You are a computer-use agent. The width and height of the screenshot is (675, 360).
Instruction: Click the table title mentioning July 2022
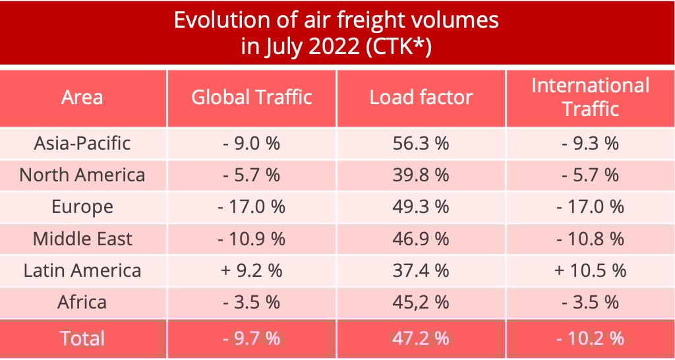(x=336, y=33)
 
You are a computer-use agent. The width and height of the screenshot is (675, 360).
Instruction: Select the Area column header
(x=82, y=98)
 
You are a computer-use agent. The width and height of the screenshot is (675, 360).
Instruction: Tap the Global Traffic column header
(x=251, y=98)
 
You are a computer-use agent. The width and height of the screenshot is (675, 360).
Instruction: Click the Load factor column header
(x=421, y=98)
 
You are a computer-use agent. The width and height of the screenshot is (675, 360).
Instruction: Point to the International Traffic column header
(x=590, y=97)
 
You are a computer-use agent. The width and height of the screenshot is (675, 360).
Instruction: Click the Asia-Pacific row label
(x=82, y=143)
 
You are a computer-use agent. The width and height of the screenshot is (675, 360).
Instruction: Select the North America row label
(x=82, y=175)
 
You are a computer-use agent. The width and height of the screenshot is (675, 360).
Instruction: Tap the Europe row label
(x=82, y=206)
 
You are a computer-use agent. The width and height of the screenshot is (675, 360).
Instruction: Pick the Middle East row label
(x=82, y=238)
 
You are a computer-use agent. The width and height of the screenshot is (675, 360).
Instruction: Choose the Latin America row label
(x=82, y=270)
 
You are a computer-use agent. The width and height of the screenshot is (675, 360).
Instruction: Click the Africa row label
(x=82, y=302)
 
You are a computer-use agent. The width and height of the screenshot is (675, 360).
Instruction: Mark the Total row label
(x=82, y=338)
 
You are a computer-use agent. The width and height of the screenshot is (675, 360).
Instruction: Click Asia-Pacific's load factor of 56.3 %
(x=421, y=143)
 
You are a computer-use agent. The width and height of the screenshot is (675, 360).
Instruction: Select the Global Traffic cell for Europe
(x=251, y=206)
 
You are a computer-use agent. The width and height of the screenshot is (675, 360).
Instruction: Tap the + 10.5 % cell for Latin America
(x=590, y=270)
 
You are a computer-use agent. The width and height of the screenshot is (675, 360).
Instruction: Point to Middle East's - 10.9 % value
(x=251, y=238)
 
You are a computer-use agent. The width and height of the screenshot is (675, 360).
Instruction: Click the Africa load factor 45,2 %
(x=421, y=302)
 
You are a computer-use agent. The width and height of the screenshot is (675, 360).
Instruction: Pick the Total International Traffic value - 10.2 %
(x=590, y=338)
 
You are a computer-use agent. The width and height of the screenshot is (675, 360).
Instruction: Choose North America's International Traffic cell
(x=590, y=175)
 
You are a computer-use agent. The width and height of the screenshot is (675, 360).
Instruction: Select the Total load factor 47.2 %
(x=421, y=338)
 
